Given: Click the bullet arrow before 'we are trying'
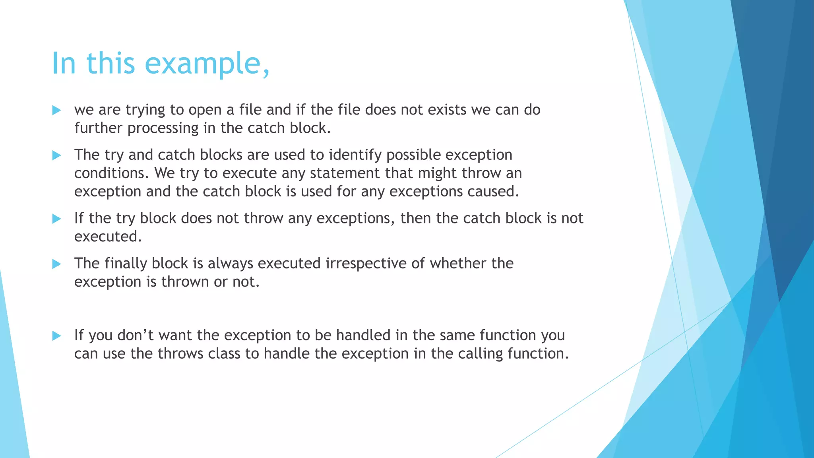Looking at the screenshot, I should pyautogui.click(x=56, y=111).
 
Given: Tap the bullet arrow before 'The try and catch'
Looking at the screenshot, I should pyautogui.click(x=56, y=155).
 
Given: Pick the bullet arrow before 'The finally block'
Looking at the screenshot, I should pyautogui.click(x=56, y=264).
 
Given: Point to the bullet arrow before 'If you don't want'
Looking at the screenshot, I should pyautogui.click(x=56, y=336).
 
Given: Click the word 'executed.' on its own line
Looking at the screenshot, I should pyautogui.click(x=108, y=237).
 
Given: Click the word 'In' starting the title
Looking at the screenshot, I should pyautogui.click(x=64, y=64).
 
